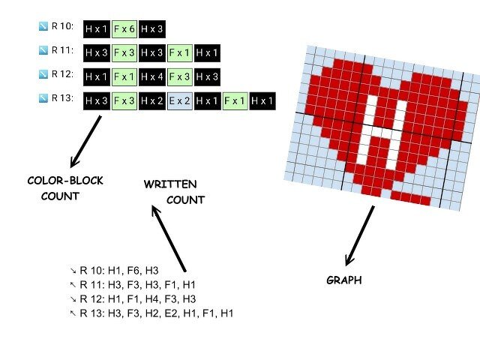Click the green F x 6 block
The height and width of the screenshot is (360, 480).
coord(125,30)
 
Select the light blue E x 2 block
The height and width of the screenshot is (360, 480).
coord(179,101)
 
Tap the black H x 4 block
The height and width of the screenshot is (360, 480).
coord(152,77)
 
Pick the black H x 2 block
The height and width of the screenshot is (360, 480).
coord(152,101)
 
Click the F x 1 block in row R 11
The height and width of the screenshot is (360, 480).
coord(180,53)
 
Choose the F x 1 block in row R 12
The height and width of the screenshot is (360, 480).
coord(124,77)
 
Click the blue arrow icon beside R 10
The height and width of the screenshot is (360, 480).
coord(43,27)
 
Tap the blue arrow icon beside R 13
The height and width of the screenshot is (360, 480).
coord(43,98)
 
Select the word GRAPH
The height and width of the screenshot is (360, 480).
coord(344,280)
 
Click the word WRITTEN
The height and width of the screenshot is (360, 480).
coord(171,184)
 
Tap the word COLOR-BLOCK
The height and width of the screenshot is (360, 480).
coord(64,181)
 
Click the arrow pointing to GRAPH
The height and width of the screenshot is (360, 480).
coord(359,235)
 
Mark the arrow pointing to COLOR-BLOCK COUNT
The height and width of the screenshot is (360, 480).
coord(85,139)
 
